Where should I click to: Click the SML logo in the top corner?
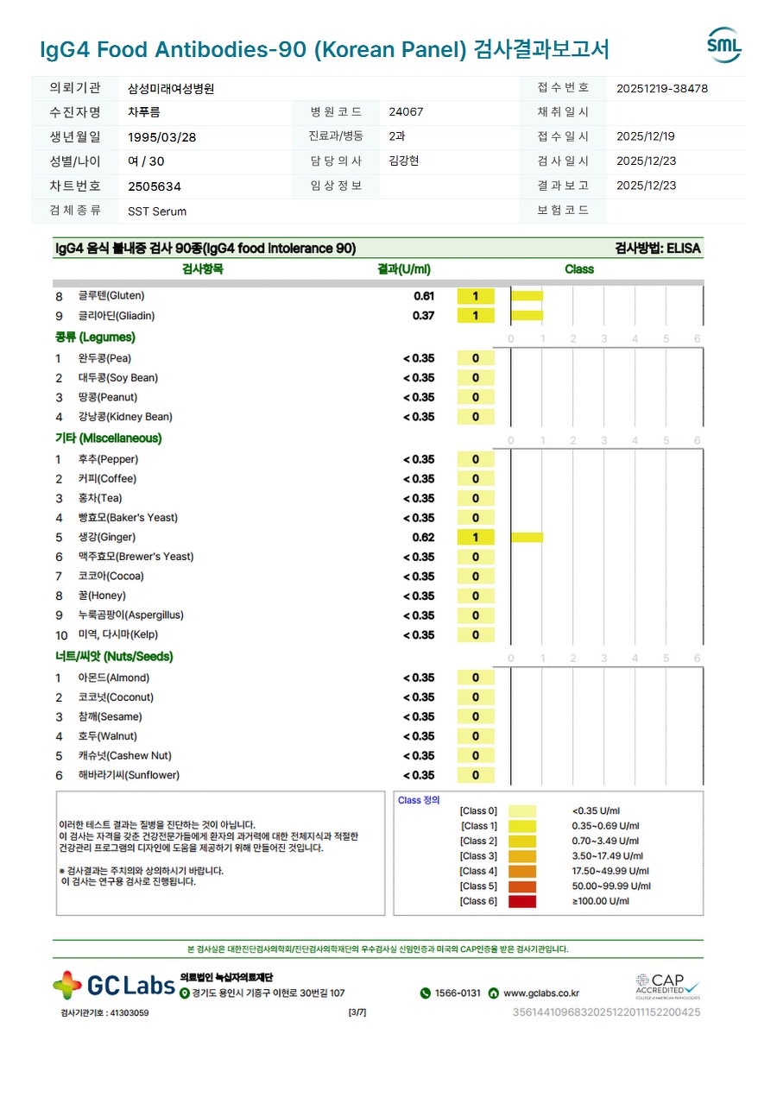723,45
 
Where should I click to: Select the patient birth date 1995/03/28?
161,137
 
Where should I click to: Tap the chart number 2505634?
155,186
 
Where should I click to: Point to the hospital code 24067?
406,112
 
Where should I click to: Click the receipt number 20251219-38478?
662,88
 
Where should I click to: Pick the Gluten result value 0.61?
424,296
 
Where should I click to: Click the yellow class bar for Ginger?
527,538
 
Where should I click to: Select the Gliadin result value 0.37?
424,316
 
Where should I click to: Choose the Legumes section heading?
95,337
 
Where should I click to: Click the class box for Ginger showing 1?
476,538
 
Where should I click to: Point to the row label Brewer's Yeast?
136,557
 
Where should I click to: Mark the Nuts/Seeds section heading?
114,657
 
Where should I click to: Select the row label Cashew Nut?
124,756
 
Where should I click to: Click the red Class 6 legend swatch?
522,902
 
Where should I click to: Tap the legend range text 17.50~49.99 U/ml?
610,872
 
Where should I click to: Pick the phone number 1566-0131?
457,993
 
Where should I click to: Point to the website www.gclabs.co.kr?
540,993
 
